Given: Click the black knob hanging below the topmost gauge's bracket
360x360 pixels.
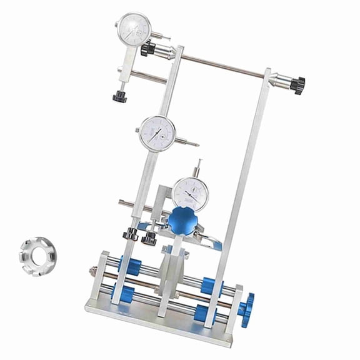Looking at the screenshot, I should (119, 97).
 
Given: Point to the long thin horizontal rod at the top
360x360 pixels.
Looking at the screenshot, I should (225, 64).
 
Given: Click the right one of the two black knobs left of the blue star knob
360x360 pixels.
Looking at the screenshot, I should (149, 237).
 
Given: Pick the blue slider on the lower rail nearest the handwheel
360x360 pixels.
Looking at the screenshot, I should (204, 312).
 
